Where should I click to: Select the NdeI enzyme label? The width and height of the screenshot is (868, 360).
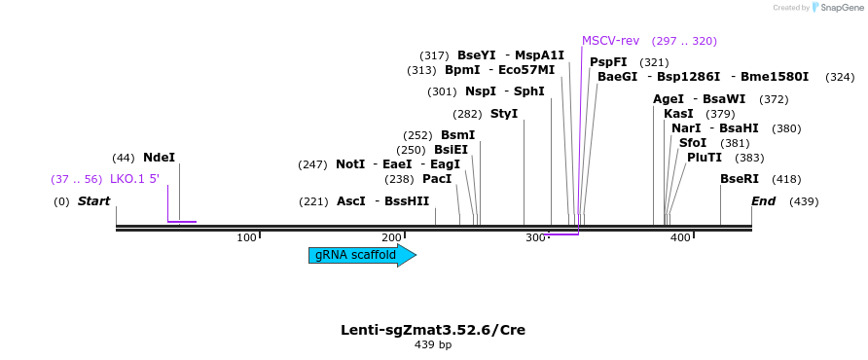pos(159,158)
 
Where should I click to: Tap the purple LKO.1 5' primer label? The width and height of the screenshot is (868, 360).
pos(134,179)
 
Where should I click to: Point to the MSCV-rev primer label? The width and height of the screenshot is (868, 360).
pos(610,41)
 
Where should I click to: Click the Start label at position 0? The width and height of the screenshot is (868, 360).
pos(94,201)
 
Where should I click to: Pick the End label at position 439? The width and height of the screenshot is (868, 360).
pos(763,201)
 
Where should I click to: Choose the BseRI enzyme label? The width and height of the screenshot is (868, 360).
pos(739,179)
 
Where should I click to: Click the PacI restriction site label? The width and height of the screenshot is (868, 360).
pos(437,179)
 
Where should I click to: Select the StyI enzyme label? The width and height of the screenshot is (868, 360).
pos(504,114)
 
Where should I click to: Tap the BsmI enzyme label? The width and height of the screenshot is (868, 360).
pos(457,135)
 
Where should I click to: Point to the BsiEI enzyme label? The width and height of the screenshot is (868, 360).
pos(451,150)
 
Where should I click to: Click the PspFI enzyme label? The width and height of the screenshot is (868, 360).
pos(608,62)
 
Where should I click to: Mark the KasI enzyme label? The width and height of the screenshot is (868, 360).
pos(678,114)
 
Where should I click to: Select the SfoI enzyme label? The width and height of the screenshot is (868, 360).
pos(693,143)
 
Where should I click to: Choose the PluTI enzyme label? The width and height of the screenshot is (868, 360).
pos(705,158)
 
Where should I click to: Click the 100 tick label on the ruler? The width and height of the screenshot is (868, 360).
pos(246,238)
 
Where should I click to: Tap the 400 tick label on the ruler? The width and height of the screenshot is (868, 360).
pos(680,238)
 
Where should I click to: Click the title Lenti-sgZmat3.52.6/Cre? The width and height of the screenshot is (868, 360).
pos(433,330)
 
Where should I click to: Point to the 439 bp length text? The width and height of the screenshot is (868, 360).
pos(433,344)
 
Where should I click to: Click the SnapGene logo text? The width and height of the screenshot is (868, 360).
pos(841,8)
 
